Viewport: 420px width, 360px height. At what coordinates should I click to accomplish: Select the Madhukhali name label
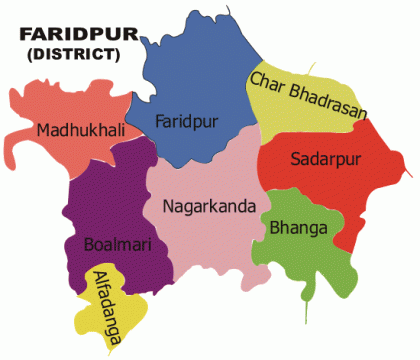[x=75, y=131]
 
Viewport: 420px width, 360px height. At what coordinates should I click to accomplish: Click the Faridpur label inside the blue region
[x=188, y=122]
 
